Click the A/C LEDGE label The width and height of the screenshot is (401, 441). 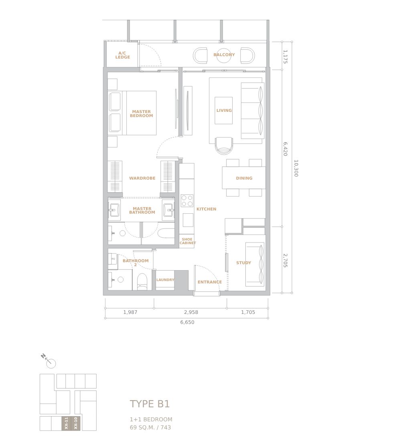[122, 55]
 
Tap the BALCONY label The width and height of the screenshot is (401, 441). [224, 55]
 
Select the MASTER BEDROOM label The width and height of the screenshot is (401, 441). [141, 113]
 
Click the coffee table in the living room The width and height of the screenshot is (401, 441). [223, 111]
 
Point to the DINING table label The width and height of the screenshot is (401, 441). [244, 178]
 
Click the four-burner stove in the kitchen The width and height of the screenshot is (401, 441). [187, 200]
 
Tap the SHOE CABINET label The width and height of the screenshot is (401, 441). [187, 241]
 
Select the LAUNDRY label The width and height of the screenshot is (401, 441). [165, 279]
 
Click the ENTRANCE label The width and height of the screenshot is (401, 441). [210, 282]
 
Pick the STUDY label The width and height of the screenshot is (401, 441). [243, 263]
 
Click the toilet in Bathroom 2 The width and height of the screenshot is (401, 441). [142, 282]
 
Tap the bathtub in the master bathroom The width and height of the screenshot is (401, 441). [166, 233]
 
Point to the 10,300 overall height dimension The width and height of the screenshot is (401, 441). [296, 168]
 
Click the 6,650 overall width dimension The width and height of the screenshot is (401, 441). [187, 322]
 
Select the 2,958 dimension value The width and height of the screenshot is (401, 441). [191, 312]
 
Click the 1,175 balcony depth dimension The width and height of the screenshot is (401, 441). [285, 57]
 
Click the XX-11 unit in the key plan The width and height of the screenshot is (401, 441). [66, 423]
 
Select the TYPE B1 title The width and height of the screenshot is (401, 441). [150, 404]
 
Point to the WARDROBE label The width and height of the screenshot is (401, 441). [142, 178]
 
